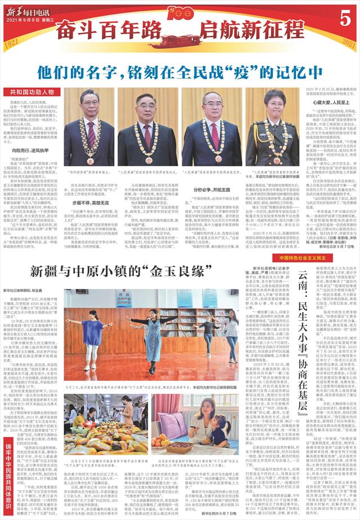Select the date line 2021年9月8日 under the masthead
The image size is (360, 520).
[28, 19]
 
